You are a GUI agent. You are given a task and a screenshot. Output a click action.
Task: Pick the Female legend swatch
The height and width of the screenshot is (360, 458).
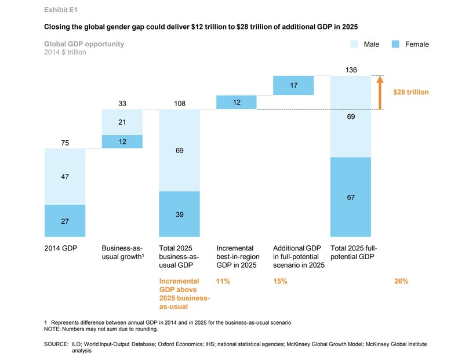395,44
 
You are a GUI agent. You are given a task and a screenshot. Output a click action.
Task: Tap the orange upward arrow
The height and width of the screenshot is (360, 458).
380,92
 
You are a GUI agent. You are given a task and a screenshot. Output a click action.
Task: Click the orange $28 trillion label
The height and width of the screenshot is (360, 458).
412,92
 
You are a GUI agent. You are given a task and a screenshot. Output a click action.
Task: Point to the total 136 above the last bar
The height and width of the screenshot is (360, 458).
351,70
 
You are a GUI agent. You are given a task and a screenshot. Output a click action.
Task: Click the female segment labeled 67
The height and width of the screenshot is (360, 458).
351,197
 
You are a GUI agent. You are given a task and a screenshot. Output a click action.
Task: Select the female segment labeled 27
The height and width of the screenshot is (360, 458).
65,221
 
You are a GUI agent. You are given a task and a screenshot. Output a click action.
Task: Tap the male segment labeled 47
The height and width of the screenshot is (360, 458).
65,177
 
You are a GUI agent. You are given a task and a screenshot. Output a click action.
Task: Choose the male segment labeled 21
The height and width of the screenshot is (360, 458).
122,121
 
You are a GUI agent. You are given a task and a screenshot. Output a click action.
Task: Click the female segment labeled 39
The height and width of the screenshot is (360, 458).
179,214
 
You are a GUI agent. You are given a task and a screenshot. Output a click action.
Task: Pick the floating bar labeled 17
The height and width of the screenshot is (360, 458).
293,85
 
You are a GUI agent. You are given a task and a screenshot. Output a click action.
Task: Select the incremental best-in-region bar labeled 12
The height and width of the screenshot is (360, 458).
236,102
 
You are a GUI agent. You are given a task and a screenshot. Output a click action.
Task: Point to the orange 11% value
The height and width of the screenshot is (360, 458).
223,281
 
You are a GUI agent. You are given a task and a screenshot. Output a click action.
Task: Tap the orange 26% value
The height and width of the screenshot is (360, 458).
401,281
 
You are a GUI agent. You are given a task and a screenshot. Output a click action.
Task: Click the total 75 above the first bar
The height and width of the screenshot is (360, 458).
65,143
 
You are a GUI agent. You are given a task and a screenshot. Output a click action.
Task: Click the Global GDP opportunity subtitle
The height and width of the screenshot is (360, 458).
83,44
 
